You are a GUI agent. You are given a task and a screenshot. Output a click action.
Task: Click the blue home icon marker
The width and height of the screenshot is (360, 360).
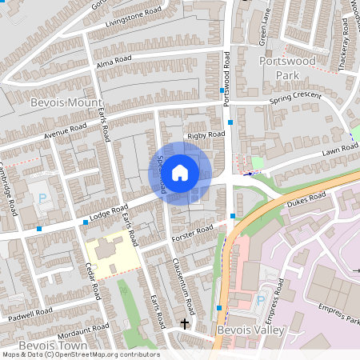click(x=180, y=172)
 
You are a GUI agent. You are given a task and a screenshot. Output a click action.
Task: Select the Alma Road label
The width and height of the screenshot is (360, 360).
click(x=111, y=62)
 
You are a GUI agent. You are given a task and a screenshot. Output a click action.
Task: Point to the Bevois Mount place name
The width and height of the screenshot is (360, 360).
click(x=63, y=103)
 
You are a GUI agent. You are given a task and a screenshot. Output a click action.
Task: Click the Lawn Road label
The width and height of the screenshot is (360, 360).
click(x=338, y=151)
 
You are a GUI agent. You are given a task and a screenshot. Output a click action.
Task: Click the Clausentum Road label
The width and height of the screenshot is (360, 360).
click(x=182, y=284)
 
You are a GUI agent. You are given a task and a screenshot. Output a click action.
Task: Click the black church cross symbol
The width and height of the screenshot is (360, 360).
click(x=185, y=324)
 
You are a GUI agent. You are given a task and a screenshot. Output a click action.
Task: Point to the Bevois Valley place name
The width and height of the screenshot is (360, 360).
click(x=246, y=329)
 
